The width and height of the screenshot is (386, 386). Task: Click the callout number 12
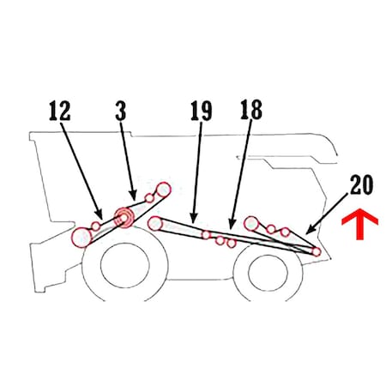(60, 111)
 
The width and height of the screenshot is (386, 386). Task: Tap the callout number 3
(121, 110)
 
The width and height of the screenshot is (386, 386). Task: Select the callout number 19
(202, 111)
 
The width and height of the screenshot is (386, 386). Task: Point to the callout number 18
(251, 110)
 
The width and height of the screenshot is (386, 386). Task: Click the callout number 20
(361, 184)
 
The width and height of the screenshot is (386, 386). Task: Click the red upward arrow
(360, 224)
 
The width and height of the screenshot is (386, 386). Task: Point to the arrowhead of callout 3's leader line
(133, 196)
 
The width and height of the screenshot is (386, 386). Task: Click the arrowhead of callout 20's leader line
(309, 231)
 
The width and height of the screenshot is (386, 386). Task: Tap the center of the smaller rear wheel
(268, 273)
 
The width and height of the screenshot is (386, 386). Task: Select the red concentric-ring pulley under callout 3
(124, 218)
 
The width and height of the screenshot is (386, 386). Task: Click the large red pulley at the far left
(82, 238)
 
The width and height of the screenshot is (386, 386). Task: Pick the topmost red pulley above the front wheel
(163, 190)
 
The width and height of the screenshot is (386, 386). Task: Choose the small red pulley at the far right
(316, 252)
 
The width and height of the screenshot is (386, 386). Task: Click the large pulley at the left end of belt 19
(155, 223)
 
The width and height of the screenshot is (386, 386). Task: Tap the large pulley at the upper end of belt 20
(251, 223)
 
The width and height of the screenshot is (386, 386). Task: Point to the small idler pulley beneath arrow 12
(96, 226)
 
